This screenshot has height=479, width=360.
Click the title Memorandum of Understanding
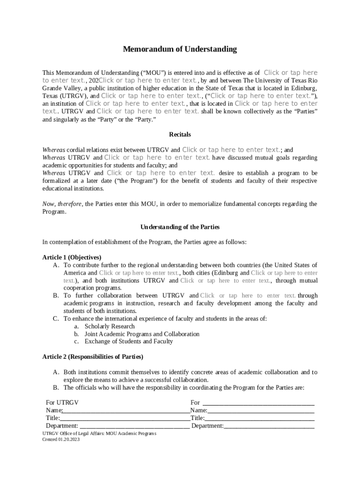pyautogui.click(x=180, y=49)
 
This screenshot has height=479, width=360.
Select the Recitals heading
pyautogui.click(x=180, y=134)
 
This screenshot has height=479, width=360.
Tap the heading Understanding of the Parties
pyautogui.click(x=180, y=227)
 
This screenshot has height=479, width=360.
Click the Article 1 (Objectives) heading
pyautogui.click(x=72, y=257)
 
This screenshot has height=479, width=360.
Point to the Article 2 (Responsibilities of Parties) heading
pyautogui.click(x=93, y=356)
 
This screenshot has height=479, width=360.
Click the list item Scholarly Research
pyautogui.click(x=109, y=326)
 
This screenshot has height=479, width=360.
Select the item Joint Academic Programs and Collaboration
pyautogui.click(x=142, y=334)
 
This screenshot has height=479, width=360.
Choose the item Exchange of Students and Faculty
pyautogui.click(x=129, y=341)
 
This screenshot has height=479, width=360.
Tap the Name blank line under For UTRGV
pyautogui.click(x=126, y=410)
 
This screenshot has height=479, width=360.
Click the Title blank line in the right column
pyautogui.click(x=259, y=418)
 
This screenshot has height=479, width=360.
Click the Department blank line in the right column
pyautogui.click(x=269, y=426)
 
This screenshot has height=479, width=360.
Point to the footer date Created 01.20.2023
pyautogui.click(x=61, y=440)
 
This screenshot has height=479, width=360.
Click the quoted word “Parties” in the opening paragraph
pyautogui.click(x=304, y=111)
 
